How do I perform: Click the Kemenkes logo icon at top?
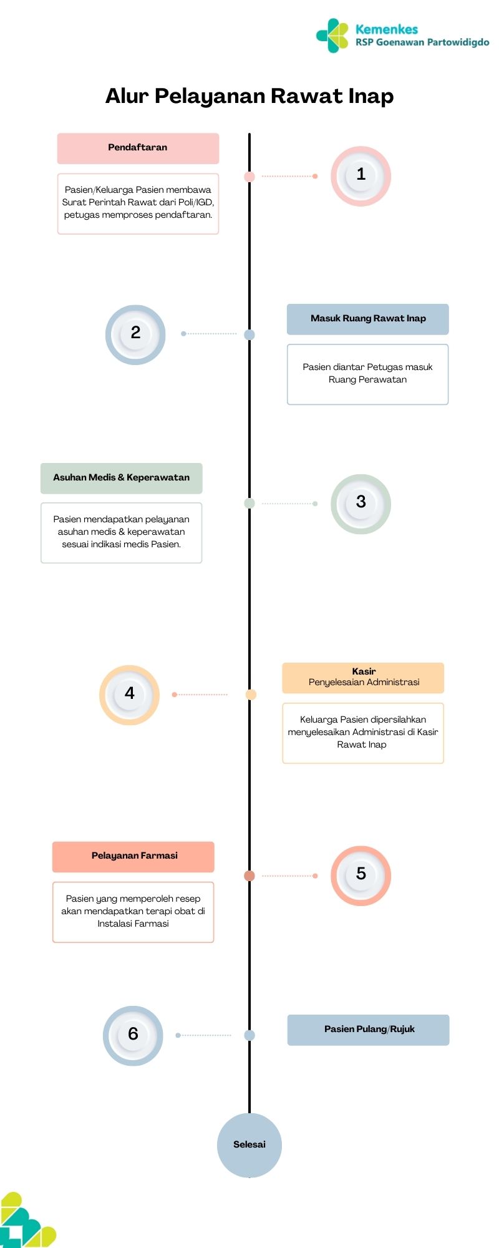pyautogui.click(x=332, y=35)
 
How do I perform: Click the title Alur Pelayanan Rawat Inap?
pyautogui.click(x=249, y=96)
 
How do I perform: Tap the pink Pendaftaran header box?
pyautogui.click(x=138, y=148)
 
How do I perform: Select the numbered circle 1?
pyautogui.click(x=361, y=176)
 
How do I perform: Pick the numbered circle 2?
pyautogui.click(x=135, y=334)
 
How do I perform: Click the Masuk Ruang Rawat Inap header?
pyautogui.click(x=368, y=319)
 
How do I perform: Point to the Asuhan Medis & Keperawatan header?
pyautogui.click(x=122, y=478)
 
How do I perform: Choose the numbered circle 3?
pyautogui.click(x=361, y=504)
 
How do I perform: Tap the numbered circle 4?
pyautogui.click(x=129, y=695)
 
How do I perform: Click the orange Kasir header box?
pyautogui.click(x=363, y=678)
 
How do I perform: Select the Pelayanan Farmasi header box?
pyautogui.click(x=133, y=857)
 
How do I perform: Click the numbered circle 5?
pyautogui.click(x=361, y=875)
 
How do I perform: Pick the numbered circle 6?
pyautogui.click(x=133, y=1035)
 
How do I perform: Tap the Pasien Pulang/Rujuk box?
pyautogui.click(x=368, y=1030)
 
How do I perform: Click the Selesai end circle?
pyautogui.click(x=249, y=1145)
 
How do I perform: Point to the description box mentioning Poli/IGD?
pyautogui.click(x=138, y=203)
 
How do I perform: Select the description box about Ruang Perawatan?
pyautogui.click(x=368, y=374)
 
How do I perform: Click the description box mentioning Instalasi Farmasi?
pyautogui.click(x=133, y=912)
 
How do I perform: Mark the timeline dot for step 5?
pyautogui.click(x=249, y=875)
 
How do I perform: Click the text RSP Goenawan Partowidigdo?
pyautogui.click(x=422, y=42)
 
